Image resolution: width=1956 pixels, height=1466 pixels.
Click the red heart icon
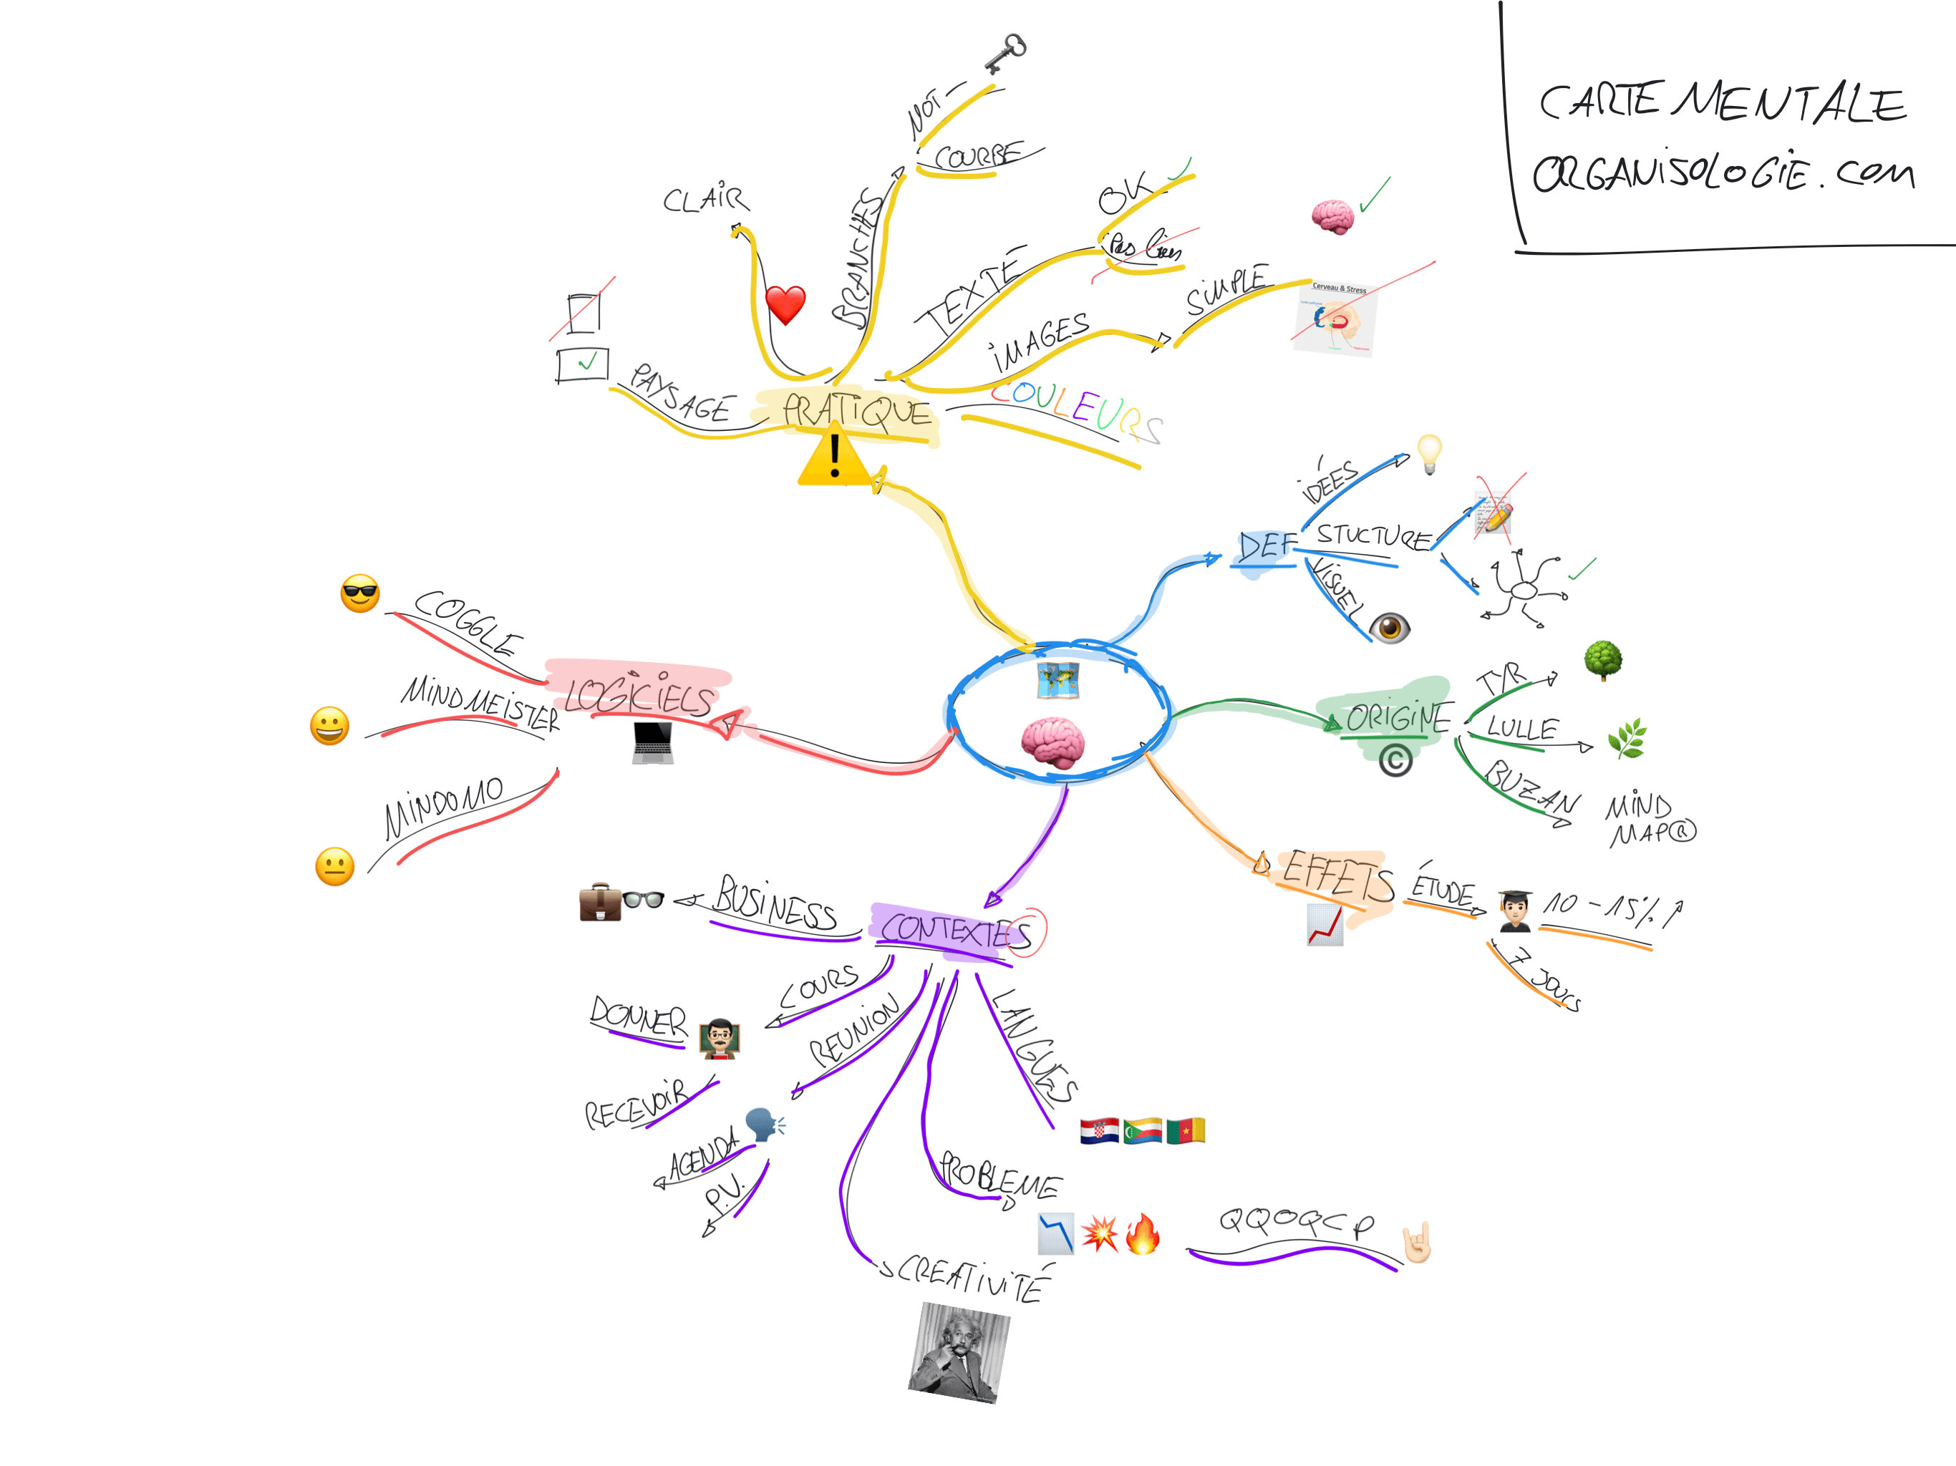pos(785,305)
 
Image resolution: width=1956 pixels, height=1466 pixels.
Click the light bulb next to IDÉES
pos(1429,454)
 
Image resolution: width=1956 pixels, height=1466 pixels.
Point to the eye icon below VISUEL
pos(1389,627)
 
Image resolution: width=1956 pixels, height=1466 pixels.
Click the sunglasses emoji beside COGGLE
pos(360,593)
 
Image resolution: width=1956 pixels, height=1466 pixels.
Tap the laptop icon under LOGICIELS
pos(652,743)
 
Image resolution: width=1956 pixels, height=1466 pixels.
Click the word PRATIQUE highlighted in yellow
pos(856,411)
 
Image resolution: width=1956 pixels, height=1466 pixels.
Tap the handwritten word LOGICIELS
pos(639,695)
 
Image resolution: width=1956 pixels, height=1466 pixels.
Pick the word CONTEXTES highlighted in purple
pos(955,932)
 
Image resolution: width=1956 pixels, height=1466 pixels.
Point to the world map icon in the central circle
pos(1057,681)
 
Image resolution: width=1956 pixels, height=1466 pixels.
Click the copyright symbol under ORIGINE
pos(1395,760)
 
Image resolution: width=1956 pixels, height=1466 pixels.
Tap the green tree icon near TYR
pos(1603,659)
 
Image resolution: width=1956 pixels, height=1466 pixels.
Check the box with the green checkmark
pos(583,364)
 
